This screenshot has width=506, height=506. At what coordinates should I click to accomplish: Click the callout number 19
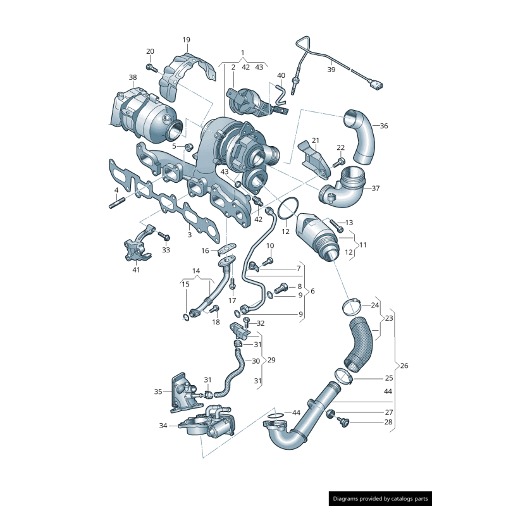click(x=186, y=40)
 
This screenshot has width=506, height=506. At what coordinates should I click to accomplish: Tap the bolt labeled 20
click(x=151, y=66)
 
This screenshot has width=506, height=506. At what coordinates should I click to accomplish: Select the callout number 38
click(x=132, y=78)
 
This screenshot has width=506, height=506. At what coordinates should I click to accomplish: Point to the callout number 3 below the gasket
click(x=189, y=235)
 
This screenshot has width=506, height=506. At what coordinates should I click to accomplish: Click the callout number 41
click(x=136, y=270)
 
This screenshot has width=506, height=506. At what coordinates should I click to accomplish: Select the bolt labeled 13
click(x=335, y=224)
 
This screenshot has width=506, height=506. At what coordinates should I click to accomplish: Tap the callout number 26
click(x=405, y=366)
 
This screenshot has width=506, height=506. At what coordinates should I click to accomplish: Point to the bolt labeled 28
click(x=343, y=421)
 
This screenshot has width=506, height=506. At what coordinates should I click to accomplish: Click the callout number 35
click(x=158, y=392)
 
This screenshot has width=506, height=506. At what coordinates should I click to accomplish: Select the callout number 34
click(x=164, y=426)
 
